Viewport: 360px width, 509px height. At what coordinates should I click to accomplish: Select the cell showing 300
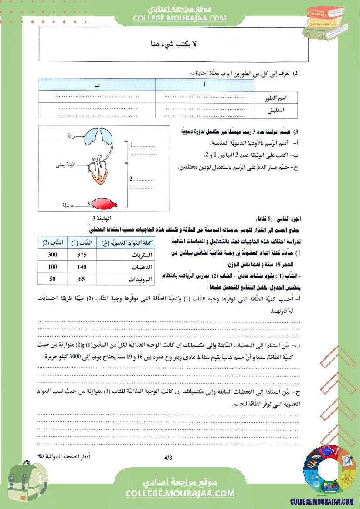(x=52, y=255)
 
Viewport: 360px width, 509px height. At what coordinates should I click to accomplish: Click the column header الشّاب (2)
(x=52, y=243)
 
